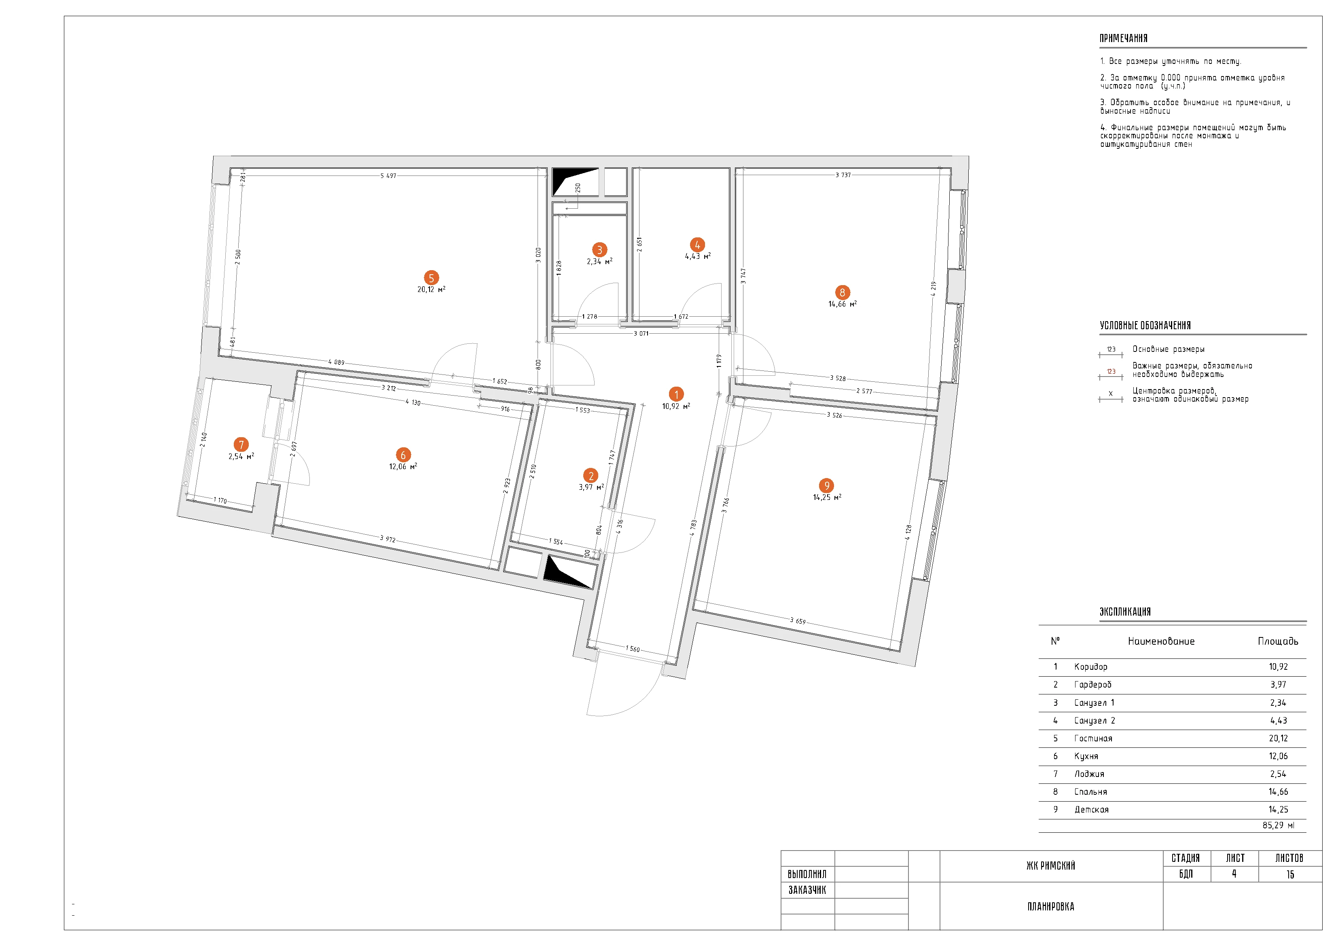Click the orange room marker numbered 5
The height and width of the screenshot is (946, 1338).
(431, 278)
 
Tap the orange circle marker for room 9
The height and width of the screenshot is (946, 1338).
(826, 485)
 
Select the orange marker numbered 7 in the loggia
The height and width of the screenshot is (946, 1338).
(241, 445)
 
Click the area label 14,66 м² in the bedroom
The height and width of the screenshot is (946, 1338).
(842, 304)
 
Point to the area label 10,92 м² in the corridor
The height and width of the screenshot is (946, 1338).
(676, 406)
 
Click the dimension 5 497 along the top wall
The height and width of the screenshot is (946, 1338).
(388, 176)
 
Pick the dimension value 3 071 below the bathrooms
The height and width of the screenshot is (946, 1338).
(641, 333)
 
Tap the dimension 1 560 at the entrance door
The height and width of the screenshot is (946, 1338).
(633, 649)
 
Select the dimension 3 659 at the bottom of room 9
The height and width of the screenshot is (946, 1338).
(798, 621)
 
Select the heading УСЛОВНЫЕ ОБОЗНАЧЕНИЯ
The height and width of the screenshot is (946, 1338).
(1145, 326)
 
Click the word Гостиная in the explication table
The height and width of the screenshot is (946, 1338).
(1093, 739)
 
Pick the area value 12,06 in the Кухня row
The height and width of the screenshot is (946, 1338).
(1278, 757)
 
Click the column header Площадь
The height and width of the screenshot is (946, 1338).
(1278, 641)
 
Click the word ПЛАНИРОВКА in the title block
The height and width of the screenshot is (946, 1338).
(1051, 906)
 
